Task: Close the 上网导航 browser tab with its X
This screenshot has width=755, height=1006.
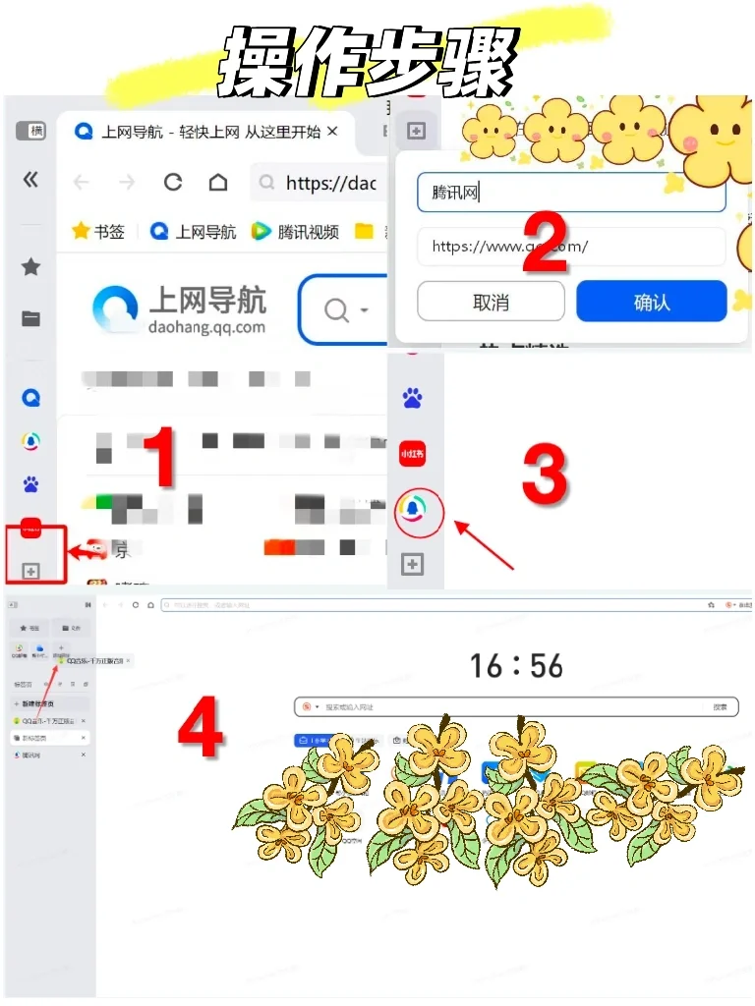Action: pos(332,131)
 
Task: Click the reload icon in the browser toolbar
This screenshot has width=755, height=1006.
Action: pos(173,183)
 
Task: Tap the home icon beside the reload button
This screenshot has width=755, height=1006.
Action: pos(218,183)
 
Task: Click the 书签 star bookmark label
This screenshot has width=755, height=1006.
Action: pos(98,232)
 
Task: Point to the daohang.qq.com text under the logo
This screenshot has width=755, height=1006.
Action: pos(207,327)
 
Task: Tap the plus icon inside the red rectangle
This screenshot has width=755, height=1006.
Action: pos(30,571)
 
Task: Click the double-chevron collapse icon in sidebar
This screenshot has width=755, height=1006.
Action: pos(30,179)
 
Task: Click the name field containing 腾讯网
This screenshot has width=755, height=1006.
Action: pos(570,193)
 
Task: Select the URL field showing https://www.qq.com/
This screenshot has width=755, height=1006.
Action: pos(570,247)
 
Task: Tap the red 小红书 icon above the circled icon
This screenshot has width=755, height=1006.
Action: pos(412,454)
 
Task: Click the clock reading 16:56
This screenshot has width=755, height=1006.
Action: pos(516,666)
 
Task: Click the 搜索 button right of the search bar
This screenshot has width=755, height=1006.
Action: pos(720,707)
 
